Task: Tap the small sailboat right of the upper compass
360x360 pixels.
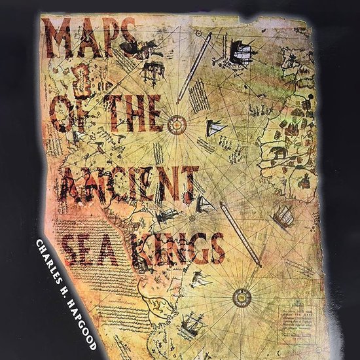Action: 214,128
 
